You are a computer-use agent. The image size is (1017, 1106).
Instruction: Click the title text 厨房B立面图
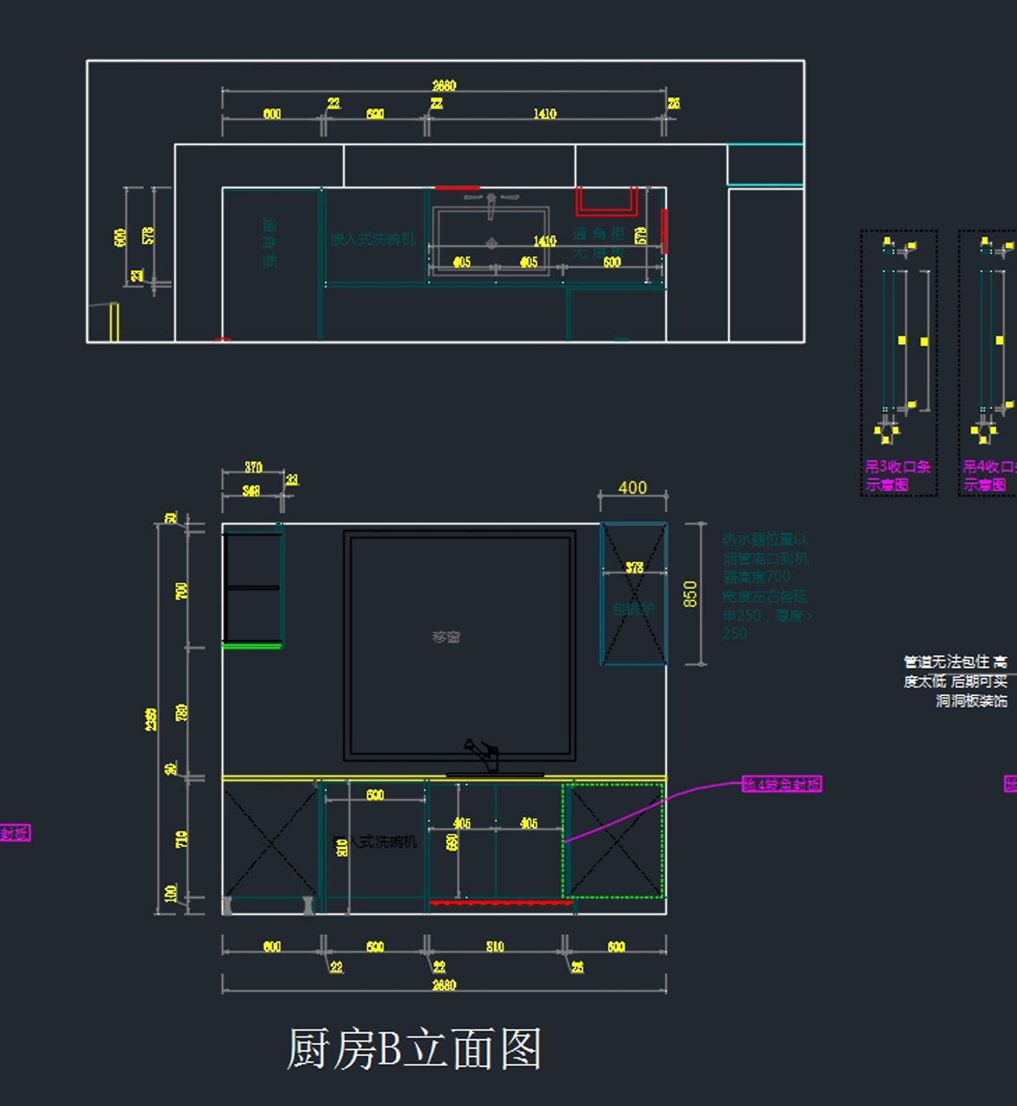(414, 1049)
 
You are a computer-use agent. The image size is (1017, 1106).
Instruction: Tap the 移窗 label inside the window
(446, 637)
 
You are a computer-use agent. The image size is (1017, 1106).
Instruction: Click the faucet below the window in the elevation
(484, 756)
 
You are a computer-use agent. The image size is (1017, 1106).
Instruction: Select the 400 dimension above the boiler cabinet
(632, 487)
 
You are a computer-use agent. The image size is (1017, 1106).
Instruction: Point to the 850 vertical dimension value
(690, 593)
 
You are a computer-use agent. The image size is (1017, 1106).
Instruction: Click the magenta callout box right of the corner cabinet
(781, 784)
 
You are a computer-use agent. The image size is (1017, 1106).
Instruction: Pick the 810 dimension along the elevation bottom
(495, 947)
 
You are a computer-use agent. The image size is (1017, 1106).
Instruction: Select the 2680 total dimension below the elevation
(444, 985)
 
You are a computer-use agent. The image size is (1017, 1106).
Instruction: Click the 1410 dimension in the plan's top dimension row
(545, 114)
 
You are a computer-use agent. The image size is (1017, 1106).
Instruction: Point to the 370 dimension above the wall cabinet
(253, 467)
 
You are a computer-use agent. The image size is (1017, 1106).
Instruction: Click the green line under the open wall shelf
(252, 647)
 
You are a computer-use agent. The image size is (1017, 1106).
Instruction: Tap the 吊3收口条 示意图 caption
(897, 475)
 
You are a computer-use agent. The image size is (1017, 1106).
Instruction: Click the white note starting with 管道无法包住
(955, 681)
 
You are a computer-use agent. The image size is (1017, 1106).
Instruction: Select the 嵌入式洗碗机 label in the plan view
(373, 240)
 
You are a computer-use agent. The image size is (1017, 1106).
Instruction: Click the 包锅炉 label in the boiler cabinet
(634, 609)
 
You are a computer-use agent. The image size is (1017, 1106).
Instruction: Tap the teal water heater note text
(766, 586)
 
